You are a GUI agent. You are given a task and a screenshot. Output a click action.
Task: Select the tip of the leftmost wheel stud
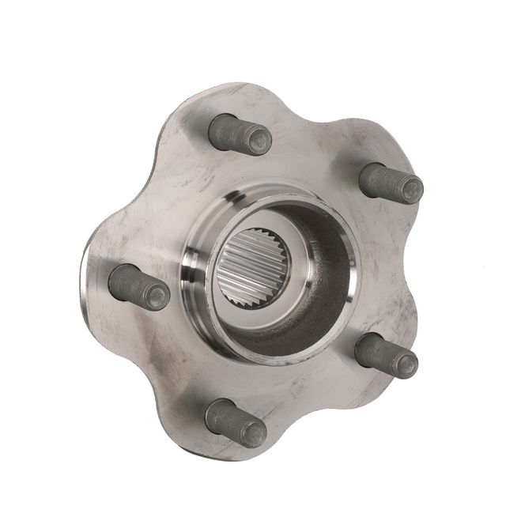(x=157, y=296)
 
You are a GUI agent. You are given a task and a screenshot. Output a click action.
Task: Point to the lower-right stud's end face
(x=406, y=364)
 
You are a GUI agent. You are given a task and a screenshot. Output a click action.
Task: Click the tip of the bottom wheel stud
(x=253, y=432)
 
